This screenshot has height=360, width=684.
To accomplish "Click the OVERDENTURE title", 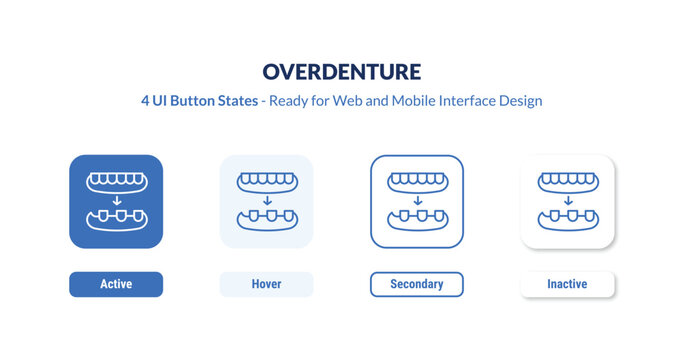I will click(x=342, y=71).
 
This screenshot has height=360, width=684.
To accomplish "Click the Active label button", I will click(x=116, y=284).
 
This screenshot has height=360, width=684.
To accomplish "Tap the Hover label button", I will click(x=266, y=284).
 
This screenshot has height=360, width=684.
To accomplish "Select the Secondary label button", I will click(x=417, y=284).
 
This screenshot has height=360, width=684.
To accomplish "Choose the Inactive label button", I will click(x=567, y=284).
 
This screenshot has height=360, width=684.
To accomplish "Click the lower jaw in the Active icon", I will click(x=116, y=219).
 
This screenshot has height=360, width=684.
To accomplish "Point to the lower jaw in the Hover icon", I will click(x=266, y=219).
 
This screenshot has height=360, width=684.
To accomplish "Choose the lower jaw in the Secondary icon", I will click(x=417, y=219).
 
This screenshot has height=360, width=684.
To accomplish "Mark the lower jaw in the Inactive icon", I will click(x=567, y=219).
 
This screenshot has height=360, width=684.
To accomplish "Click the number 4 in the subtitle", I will click(x=146, y=101).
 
